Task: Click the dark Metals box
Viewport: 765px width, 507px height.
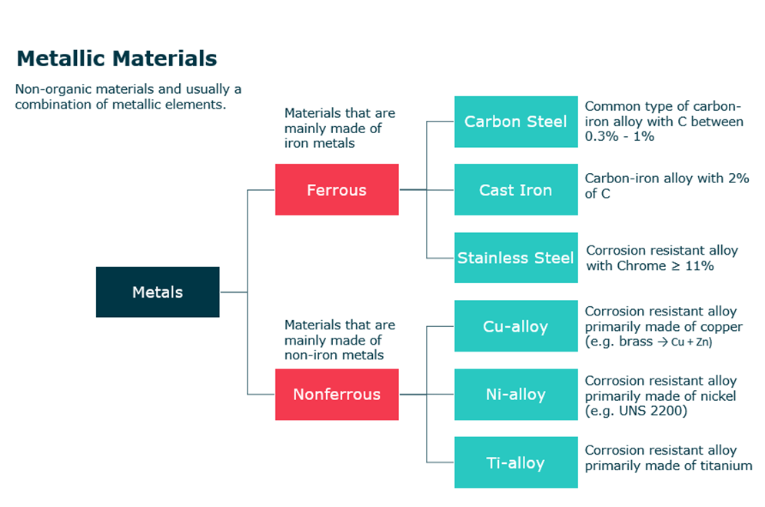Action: (x=158, y=292)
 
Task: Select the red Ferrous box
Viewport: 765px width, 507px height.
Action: (x=337, y=189)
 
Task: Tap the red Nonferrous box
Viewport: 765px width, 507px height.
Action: (x=337, y=394)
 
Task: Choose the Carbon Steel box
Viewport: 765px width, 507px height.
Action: (x=516, y=122)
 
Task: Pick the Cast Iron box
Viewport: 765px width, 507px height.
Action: (x=516, y=189)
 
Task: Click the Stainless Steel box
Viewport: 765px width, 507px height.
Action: (x=516, y=258)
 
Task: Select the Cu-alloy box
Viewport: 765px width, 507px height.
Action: (x=516, y=326)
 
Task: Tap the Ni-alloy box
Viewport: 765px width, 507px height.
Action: (x=516, y=394)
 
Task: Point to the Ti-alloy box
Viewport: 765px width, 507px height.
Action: (x=516, y=462)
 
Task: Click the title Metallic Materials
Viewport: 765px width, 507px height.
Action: (x=117, y=58)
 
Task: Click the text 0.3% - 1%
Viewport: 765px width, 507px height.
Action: (x=620, y=136)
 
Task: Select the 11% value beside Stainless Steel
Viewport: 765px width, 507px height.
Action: (x=700, y=265)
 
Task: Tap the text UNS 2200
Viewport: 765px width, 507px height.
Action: (x=651, y=411)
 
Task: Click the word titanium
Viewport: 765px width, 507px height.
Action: (x=727, y=465)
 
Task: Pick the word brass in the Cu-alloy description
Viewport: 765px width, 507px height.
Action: (x=636, y=341)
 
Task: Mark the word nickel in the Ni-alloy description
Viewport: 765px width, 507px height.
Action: (x=718, y=395)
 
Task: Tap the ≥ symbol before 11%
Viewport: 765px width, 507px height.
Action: (x=676, y=266)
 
